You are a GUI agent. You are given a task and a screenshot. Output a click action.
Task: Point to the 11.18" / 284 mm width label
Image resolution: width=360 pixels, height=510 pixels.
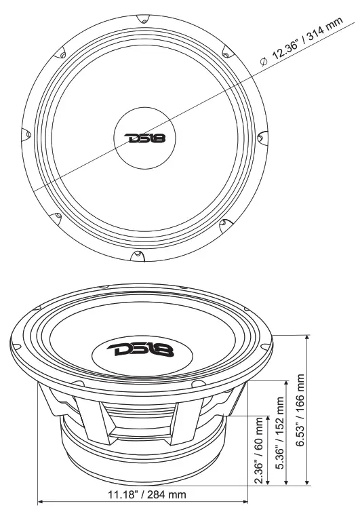tap(146, 494)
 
